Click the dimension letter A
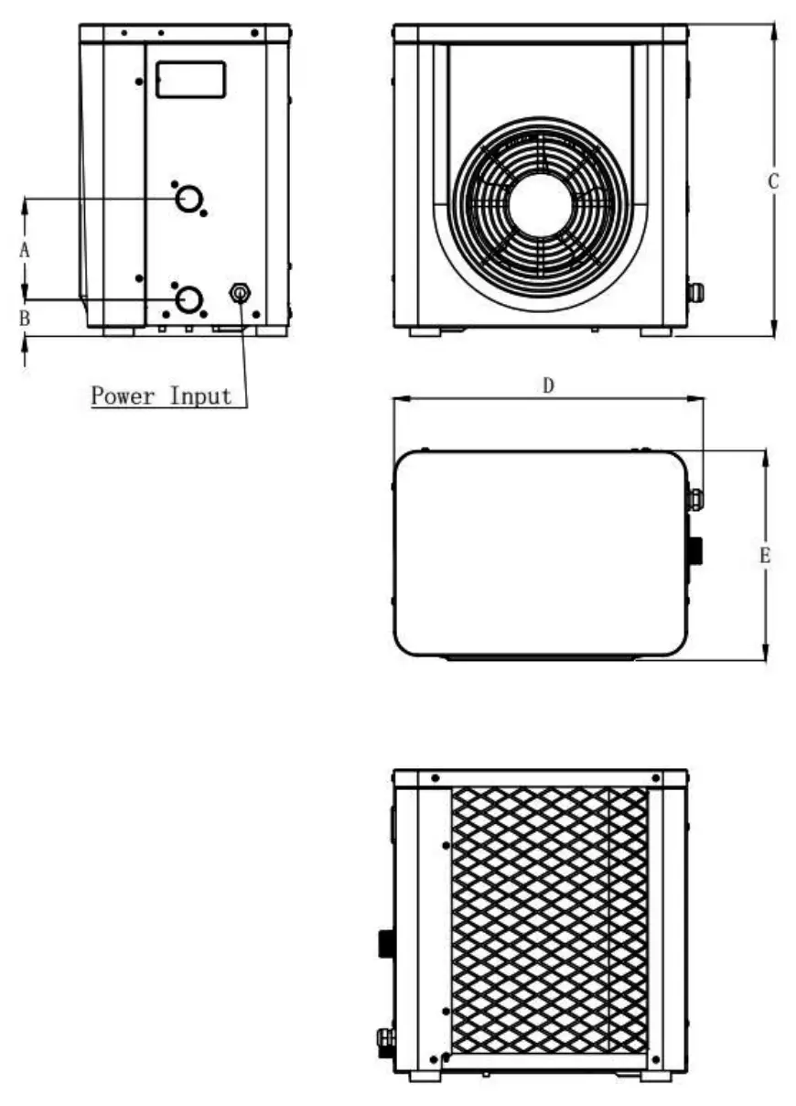[x=26, y=248]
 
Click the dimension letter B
[x=26, y=318]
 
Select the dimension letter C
[x=773, y=181]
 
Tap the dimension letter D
[x=548, y=385]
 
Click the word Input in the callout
[x=200, y=396]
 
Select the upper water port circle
[x=189, y=198]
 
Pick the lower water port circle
[x=189, y=298]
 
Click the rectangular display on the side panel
[x=190, y=80]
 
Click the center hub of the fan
[x=540, y=205]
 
